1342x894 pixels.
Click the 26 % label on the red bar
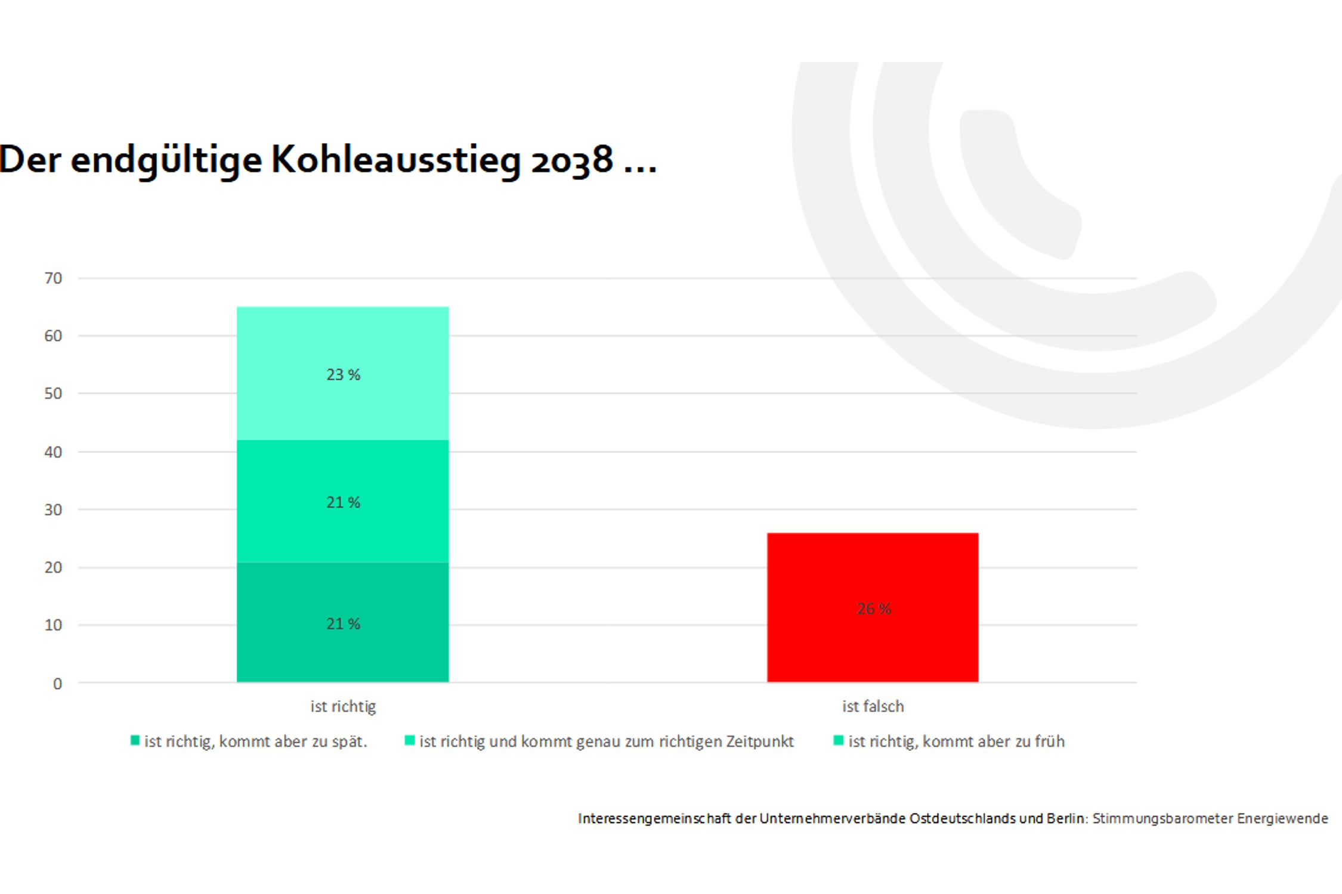874,609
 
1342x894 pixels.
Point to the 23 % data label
343,374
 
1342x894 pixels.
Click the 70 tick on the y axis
53,278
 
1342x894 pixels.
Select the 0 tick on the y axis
57,684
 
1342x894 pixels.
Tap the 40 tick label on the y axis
53,452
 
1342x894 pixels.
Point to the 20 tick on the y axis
53,567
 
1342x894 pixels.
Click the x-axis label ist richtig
343,706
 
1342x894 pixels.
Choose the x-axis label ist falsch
873,706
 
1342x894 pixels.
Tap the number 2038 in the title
572,160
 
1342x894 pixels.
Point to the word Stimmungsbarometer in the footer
1162,818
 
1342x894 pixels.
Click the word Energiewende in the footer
1282,818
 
